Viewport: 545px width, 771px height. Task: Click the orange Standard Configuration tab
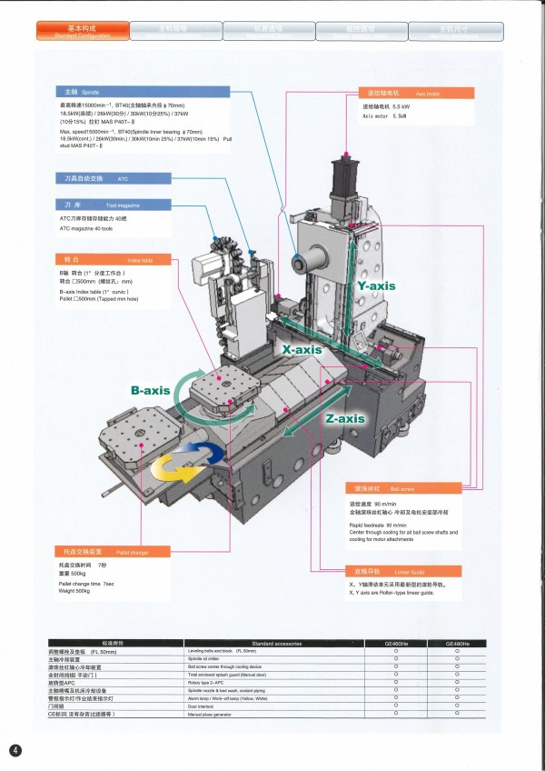82,32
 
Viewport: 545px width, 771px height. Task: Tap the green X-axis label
302,349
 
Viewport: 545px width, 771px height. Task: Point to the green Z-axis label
344,418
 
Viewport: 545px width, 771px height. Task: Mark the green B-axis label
151,390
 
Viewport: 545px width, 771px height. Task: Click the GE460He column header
397,644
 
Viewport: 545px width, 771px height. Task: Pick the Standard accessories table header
263,644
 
